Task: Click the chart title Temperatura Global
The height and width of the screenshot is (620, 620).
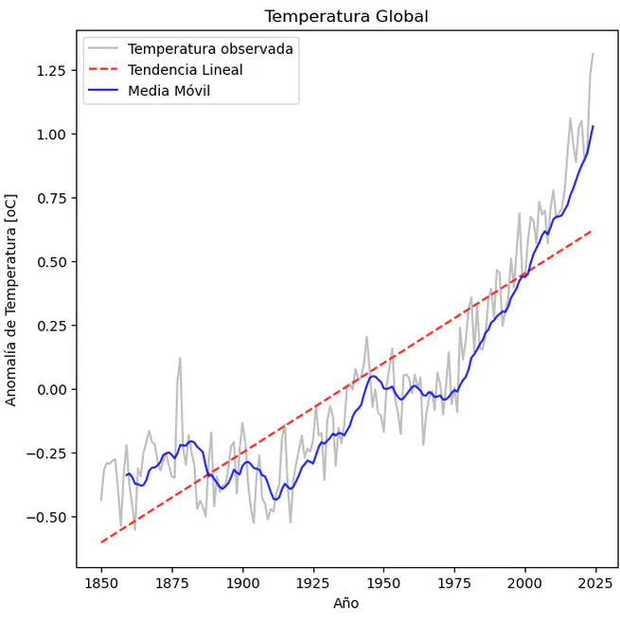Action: click(x=346, y=17)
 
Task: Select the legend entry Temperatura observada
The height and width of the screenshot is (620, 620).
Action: click(x=210, y=48)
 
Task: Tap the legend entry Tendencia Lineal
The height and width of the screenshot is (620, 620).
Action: click(x=185, y=70)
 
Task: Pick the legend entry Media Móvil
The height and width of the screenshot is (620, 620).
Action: click(x=168, y=91)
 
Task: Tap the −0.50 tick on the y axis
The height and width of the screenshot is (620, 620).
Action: click(x=45, y=517)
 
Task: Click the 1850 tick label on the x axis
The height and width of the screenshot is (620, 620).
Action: click(x=101, y=582)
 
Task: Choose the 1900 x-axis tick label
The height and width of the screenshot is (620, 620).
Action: click(x=242, y=582)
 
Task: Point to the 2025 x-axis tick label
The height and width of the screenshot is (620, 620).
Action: click(x=595, y=582)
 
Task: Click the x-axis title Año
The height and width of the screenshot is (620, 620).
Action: click(x=346, y=603)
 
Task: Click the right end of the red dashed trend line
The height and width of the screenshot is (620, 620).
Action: click(x=593, y=230)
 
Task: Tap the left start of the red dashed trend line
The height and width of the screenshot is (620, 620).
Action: click(x=101, y=542)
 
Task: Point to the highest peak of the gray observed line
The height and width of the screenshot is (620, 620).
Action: click(x=593, y=54)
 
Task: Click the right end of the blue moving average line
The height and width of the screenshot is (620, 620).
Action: click(x=593, y=126)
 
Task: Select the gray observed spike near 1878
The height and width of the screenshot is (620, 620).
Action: click(x=180, y=359)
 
